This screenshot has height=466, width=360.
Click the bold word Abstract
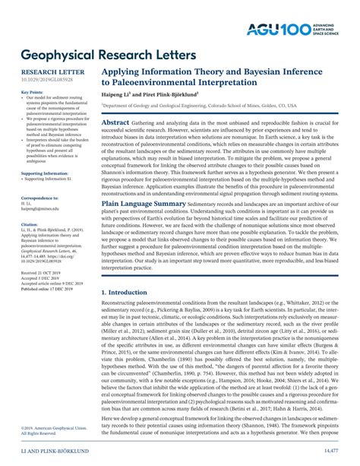pyautogui.click(x=115, y=122)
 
